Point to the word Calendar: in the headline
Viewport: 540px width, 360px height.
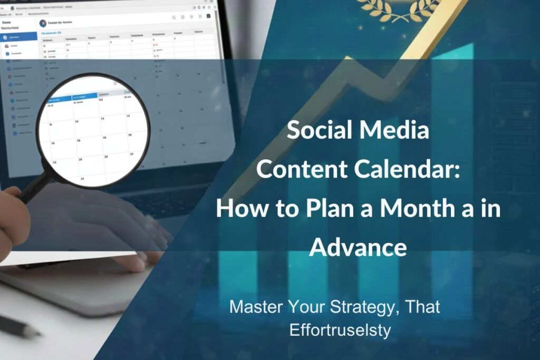pos(412,169)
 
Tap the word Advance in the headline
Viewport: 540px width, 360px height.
pos(358,247)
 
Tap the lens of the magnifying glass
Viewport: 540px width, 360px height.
pos(93,129)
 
